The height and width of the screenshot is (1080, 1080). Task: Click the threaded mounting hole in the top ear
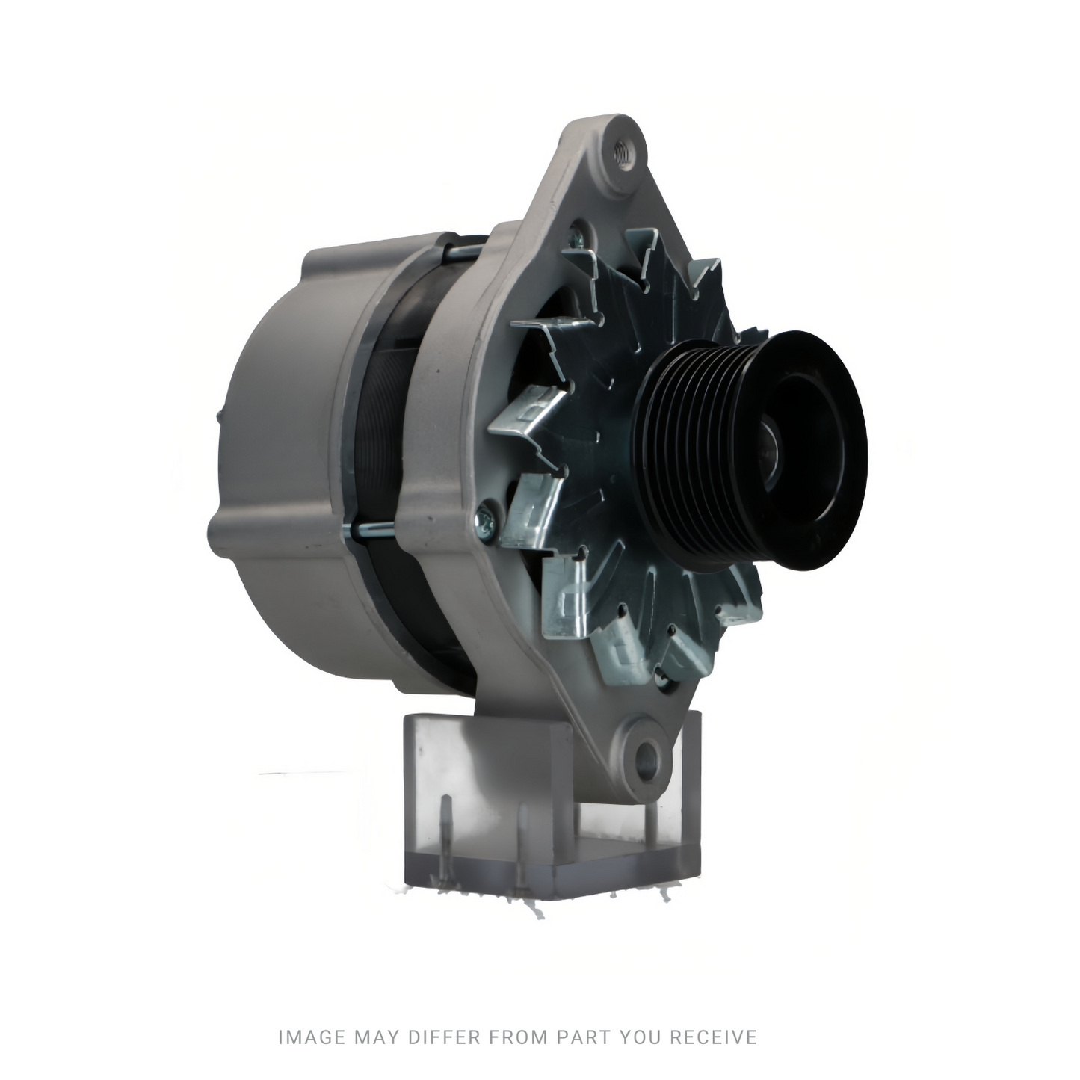[622, 153]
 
